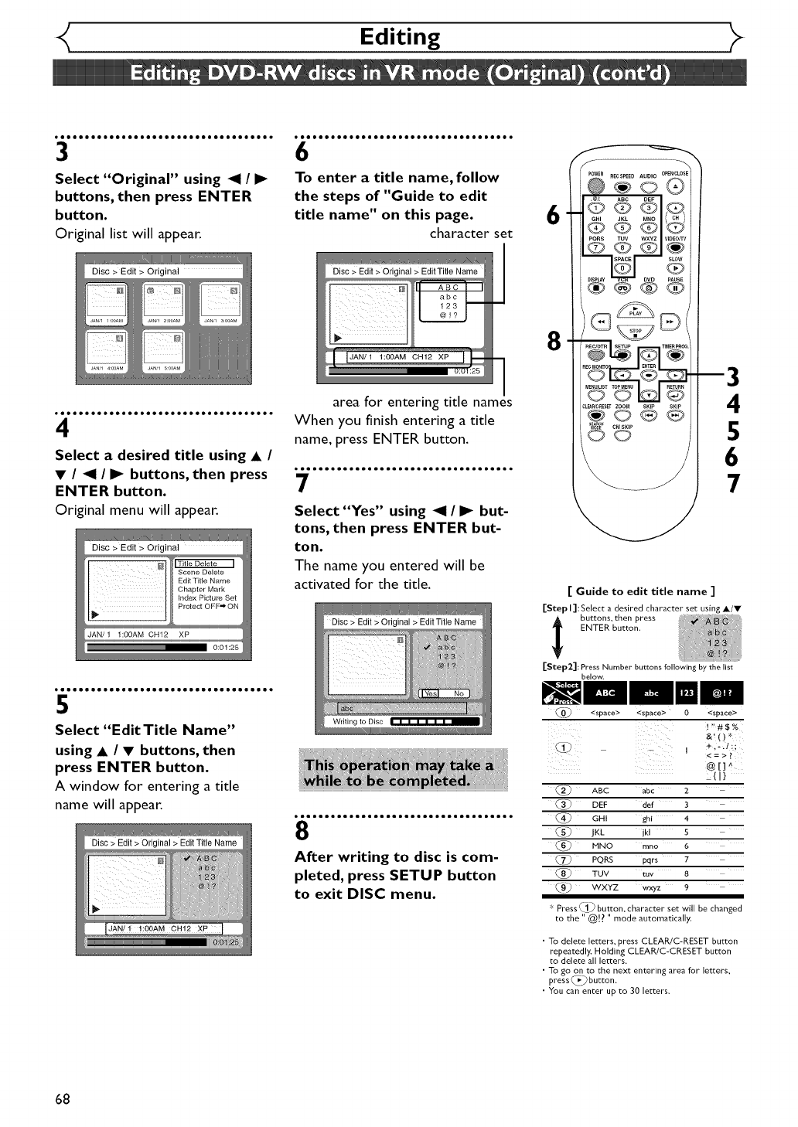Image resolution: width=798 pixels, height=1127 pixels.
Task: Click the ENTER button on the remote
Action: click(x=649, y=375)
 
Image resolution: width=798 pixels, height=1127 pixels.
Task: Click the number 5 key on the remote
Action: click(x=622, y=227)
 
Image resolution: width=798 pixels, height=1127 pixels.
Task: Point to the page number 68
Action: click(x=63, y=1098)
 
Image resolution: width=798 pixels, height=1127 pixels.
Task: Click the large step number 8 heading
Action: click(x=302, y=831)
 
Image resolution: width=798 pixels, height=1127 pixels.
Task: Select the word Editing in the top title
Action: click(x=400, y=37)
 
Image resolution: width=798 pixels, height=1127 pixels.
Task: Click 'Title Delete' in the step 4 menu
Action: click(x=204, y=563)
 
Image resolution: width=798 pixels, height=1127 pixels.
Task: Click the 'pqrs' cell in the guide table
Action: click(x=650, y=860)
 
